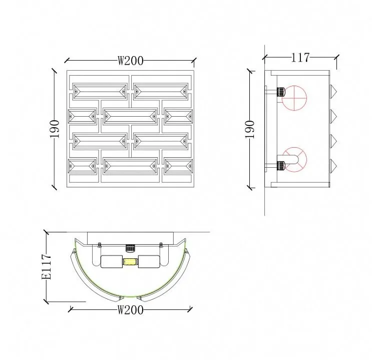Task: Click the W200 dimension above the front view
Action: point(131,61)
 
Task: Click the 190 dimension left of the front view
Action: point(55,129)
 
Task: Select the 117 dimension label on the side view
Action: point(300,58)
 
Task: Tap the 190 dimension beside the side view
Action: point(250,129)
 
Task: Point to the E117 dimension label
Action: point(46,267)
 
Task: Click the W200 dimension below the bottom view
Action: point(131,310)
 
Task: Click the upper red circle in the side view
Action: point(294,98)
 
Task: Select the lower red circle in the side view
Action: point(294,160)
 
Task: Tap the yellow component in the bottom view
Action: point(130,262)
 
